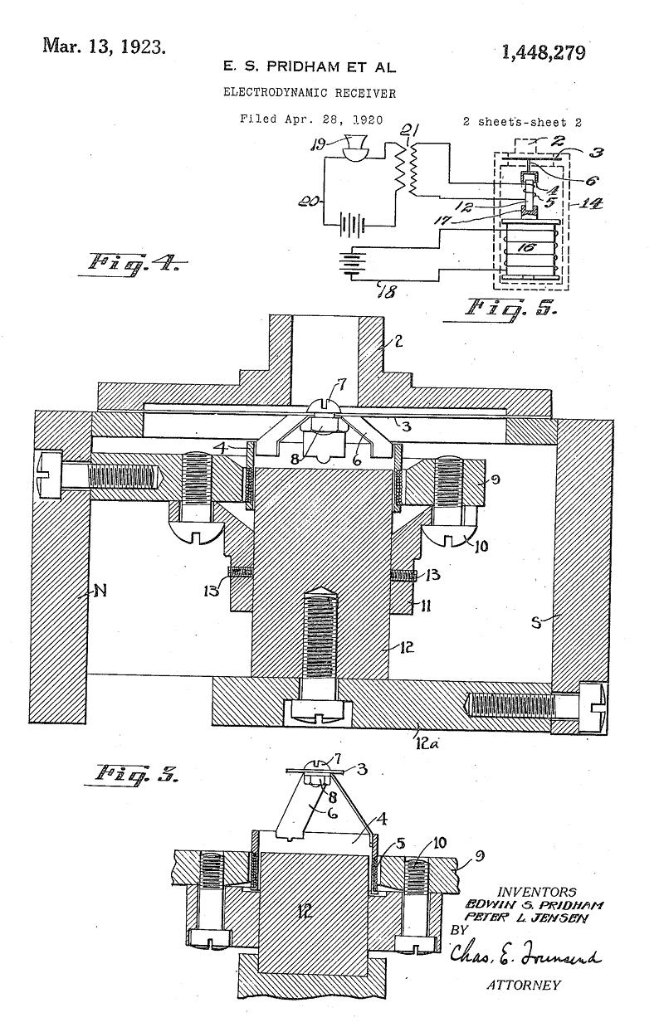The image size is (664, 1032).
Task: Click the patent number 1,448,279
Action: [544, 53]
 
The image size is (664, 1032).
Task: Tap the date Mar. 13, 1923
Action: [104, 46]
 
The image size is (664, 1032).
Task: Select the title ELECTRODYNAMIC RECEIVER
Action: [310, 93]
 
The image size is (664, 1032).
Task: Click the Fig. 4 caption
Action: [133, 265]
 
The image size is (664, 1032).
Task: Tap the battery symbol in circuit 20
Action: [351, 226]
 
